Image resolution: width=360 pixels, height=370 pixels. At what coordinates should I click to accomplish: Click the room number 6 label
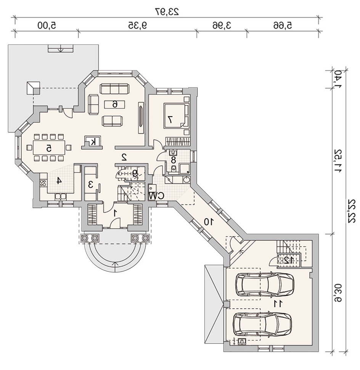(114, 104)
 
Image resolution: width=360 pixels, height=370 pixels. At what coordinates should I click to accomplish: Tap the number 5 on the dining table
(49, 148)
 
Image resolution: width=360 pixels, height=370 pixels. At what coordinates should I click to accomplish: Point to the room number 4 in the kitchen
(59, 181)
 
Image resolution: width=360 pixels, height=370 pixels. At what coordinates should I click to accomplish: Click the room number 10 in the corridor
(209, 221)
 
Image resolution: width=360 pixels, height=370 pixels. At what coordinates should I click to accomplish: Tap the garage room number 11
(278, 304)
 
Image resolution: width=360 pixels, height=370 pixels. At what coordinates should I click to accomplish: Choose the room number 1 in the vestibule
(115, 213)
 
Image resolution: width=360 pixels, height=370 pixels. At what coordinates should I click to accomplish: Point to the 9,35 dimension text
(138, 25)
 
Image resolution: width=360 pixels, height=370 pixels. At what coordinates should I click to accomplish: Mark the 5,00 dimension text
(47, 25)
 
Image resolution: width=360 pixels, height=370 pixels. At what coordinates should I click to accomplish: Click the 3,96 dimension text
(222, 25)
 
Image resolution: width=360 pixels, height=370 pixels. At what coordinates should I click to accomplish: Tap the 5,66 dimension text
(283, 25)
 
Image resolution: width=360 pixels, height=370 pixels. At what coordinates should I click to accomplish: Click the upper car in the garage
(265, 284)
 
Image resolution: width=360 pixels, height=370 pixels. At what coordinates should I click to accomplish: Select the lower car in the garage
(262, 324)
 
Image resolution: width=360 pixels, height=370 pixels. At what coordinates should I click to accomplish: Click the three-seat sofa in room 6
(115, 89)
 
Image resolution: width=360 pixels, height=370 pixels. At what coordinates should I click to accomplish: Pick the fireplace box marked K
(93, 142)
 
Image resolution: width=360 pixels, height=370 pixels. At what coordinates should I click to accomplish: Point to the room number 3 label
(90, 184)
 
